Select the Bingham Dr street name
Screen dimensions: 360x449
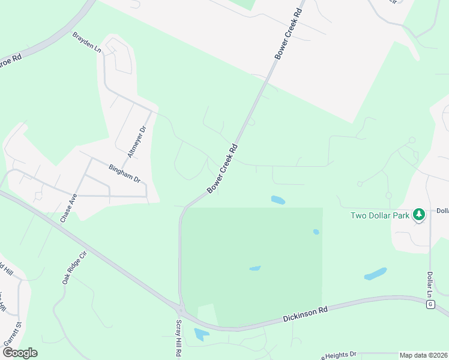[124, 175]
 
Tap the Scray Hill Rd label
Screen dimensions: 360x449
[178, 339]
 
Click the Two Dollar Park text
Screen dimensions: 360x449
[380, 215]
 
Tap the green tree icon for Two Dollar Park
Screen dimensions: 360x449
[419, 214]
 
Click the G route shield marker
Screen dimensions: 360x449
[430, 305]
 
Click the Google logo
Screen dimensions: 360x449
[20, 352]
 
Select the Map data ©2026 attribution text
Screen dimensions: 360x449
[424, 355]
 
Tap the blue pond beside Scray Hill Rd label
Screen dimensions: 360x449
[201, 334]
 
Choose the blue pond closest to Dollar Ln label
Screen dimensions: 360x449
[375, 274]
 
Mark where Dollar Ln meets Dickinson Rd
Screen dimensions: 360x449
[430, 298]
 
